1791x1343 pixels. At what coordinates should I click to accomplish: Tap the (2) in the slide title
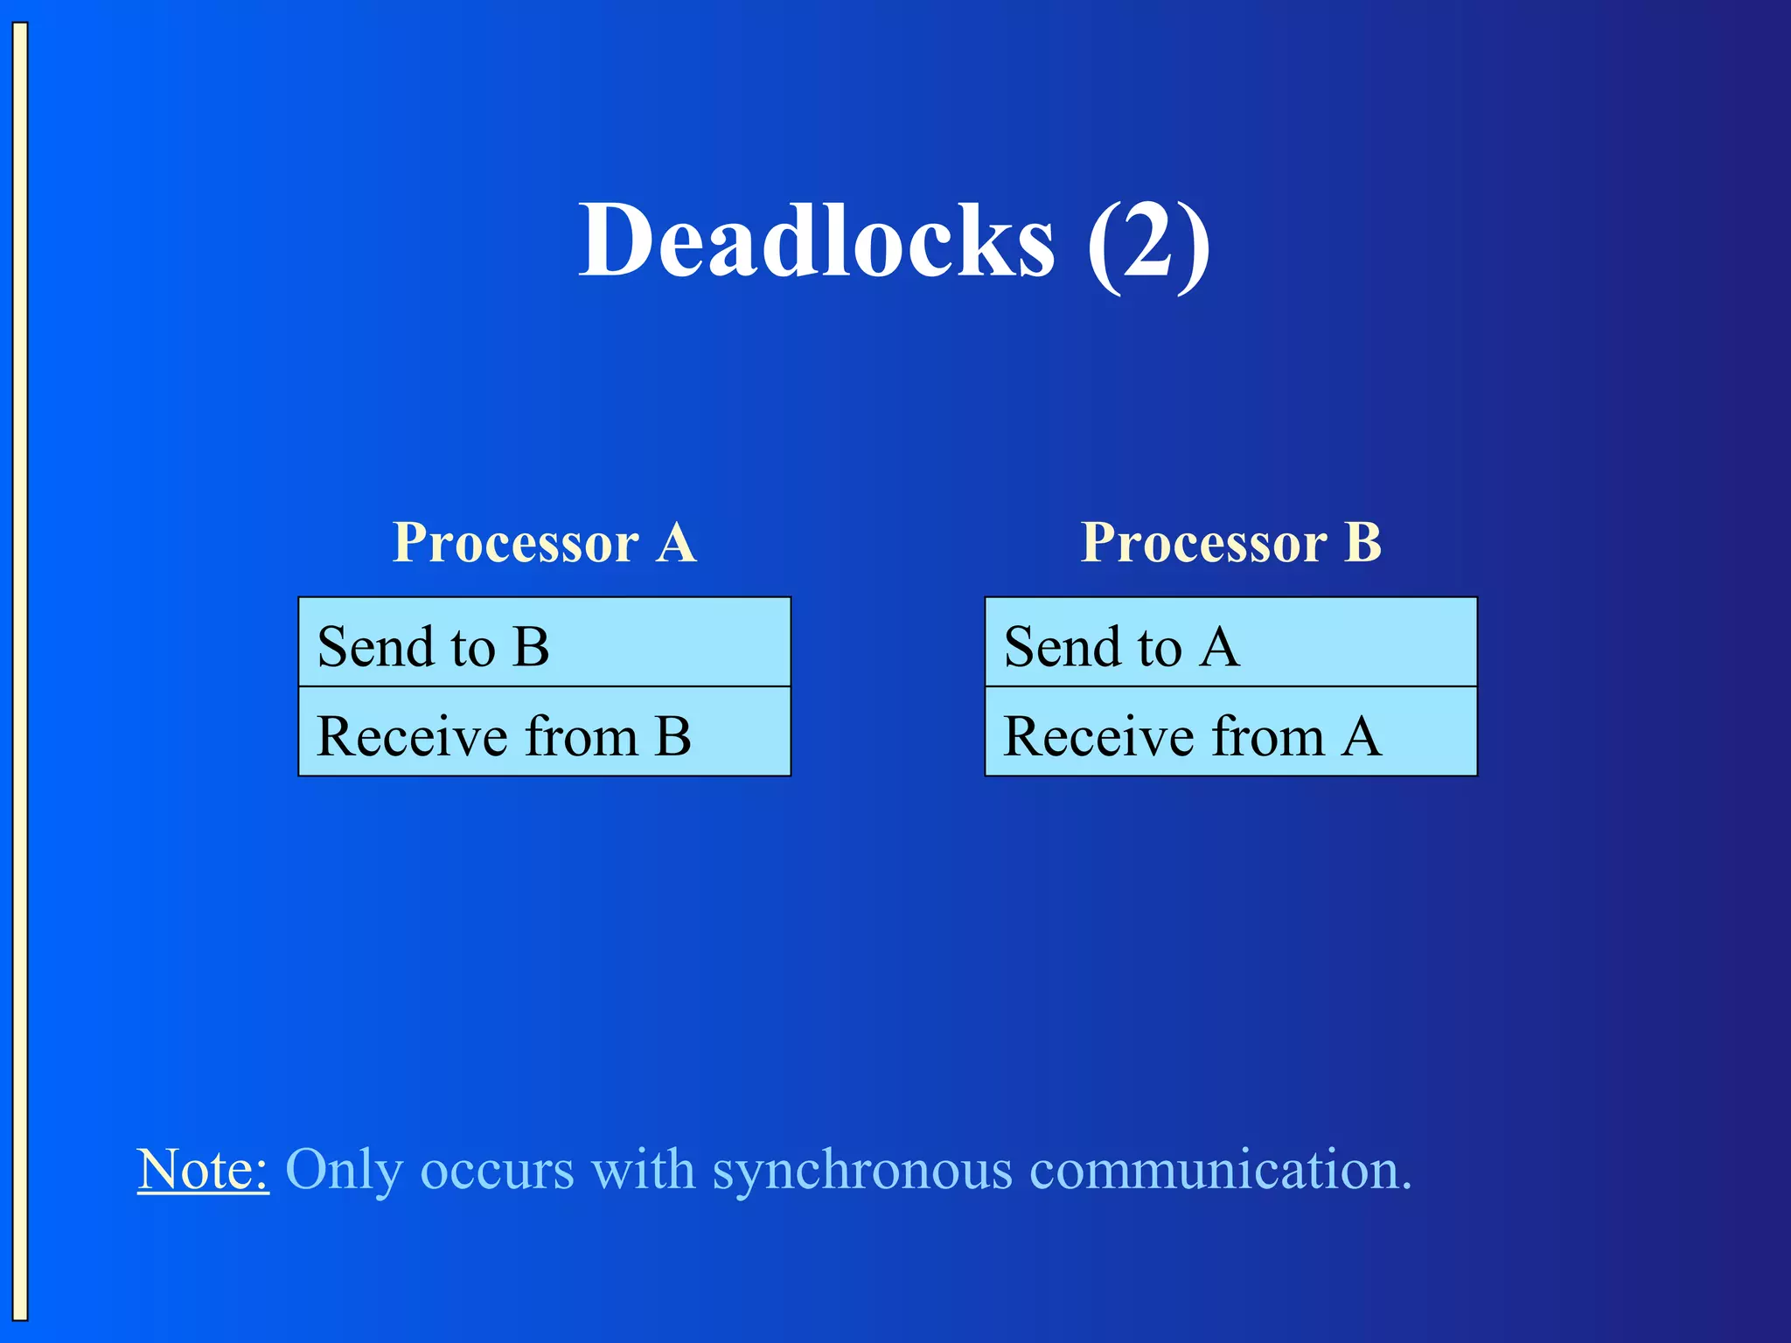point(1148,241)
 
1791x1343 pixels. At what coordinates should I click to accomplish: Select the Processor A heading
point(544,542)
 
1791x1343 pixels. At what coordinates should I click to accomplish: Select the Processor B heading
point(1230,542)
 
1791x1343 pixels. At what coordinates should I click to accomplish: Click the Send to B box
point(544,643)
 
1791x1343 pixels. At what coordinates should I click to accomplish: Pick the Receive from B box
point(544,732)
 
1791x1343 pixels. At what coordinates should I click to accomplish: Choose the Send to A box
point(1230,643)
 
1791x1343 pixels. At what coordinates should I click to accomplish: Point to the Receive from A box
point(1230,732)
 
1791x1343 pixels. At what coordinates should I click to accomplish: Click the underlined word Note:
point(203,1169)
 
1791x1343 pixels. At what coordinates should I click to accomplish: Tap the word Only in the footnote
point(344,1171)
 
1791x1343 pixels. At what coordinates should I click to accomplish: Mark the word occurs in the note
point(497,1171)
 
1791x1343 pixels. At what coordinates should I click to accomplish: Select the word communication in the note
point(1220,1169)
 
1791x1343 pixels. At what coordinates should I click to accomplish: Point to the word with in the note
point(643,1169)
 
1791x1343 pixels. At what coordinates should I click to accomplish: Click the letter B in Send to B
point(531,647)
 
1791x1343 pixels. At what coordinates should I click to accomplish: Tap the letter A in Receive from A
point(1362,736)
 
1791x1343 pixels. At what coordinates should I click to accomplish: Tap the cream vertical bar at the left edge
point(20,671)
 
